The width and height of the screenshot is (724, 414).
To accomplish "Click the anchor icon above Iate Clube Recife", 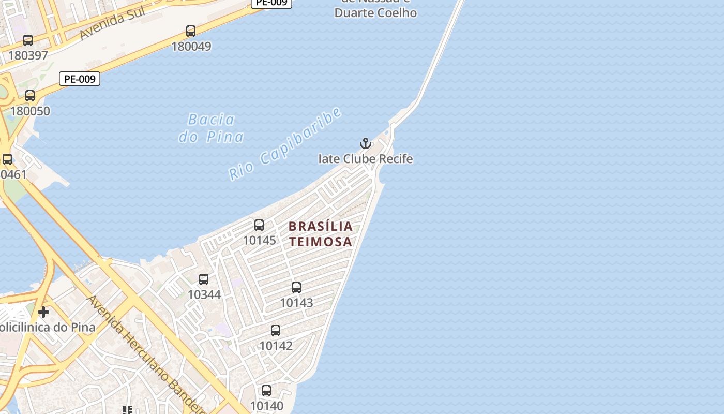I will click(x=366, y=143).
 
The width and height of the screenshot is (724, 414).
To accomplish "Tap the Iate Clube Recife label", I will click(x=366, y=159).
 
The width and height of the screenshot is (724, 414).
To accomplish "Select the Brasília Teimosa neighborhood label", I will click(x=321, y=233).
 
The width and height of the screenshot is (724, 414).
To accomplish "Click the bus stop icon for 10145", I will click(x=259, y=225).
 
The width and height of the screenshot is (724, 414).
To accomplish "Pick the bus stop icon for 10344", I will click(x=204, y=279).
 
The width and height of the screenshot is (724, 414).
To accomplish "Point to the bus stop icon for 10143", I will click(x=296, y=288).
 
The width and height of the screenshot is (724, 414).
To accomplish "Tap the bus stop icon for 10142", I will click(x=276, y=331).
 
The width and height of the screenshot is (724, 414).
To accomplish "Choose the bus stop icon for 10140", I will click(x=266, y=391).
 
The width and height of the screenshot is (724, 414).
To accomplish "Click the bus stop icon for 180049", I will click(x=191, y=31).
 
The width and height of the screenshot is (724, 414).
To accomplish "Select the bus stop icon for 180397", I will click(x=28, y=40).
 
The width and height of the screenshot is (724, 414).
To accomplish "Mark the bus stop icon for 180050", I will click(x=30, y=96).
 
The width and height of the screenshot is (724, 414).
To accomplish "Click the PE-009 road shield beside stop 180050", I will click(x=80, y=79).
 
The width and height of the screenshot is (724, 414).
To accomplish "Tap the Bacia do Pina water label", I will click(x=211, y=128).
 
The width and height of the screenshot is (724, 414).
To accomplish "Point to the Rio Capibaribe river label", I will click(x=285, y=143).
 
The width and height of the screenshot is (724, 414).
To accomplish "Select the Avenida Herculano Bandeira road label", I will click(x=147, y=357).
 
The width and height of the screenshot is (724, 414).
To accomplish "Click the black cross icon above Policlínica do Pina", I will click(x=43, y=312).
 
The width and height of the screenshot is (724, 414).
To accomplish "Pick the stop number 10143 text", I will click(x=296, y=303).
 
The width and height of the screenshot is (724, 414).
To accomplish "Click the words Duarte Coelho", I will click(x=375, y=13).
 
